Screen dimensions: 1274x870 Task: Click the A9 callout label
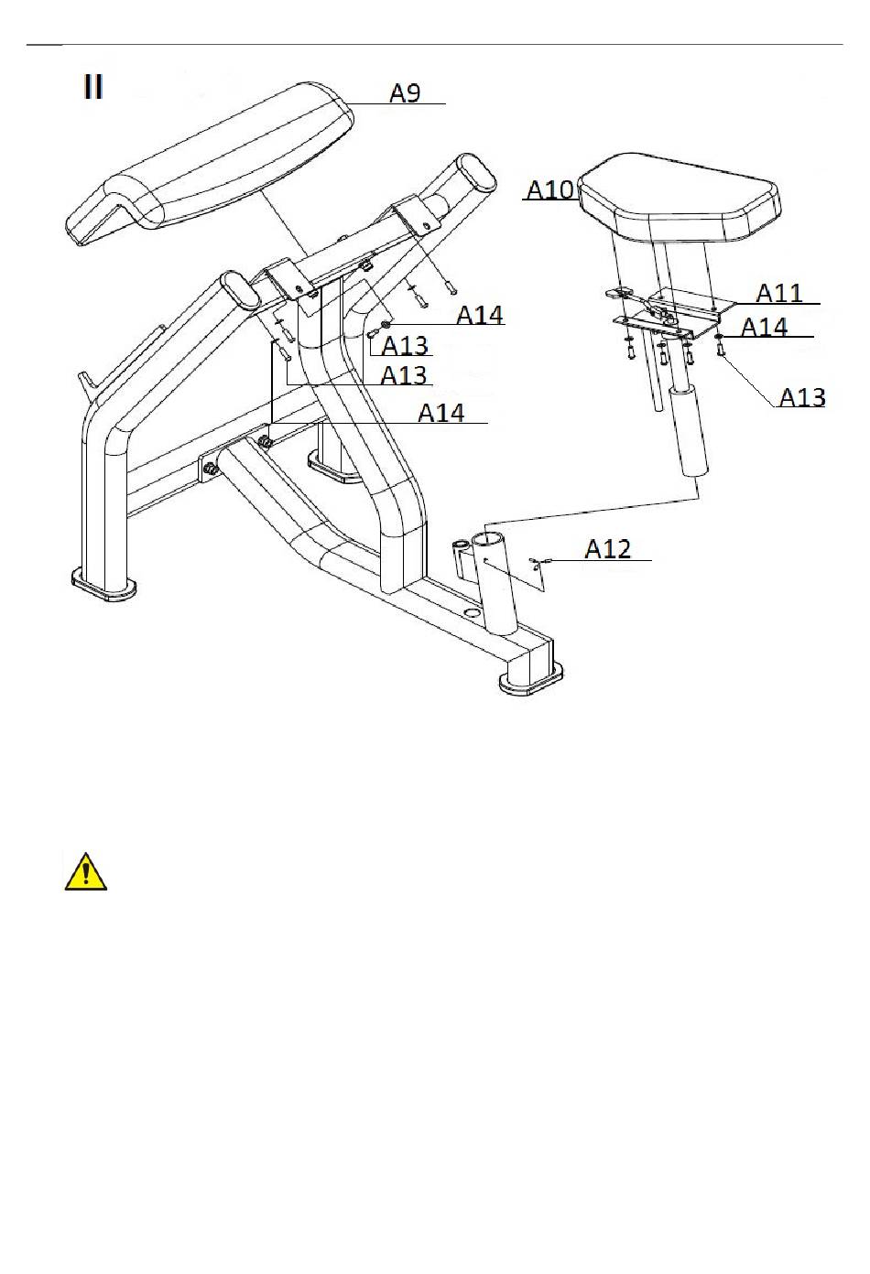(x=405, y=93)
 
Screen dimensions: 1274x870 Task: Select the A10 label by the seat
(x=550, y=189)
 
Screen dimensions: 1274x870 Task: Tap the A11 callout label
(x=778, y=293)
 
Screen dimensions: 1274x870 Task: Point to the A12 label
(x=608, y=548)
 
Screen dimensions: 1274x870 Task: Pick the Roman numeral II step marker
(x=93, y=88)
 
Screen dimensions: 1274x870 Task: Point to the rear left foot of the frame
(x=103, y=582)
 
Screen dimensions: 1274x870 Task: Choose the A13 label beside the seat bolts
(x=801, y=397)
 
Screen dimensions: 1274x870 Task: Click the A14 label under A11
(x=764, y=327)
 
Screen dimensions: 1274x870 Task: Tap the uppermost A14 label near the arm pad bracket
(x=480, y=315)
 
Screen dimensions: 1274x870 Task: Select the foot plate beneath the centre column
(x=335, y=468)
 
